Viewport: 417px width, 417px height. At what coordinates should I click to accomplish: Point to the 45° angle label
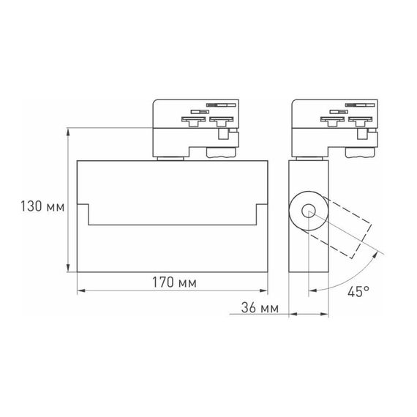pyautogui.click(x=358, y=292)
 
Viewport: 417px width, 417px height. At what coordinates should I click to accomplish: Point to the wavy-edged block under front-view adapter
pyautogui.click(x=221, y=152)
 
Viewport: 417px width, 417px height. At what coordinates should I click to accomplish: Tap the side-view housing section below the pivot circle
pyautogui.click(x=301, y=256)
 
